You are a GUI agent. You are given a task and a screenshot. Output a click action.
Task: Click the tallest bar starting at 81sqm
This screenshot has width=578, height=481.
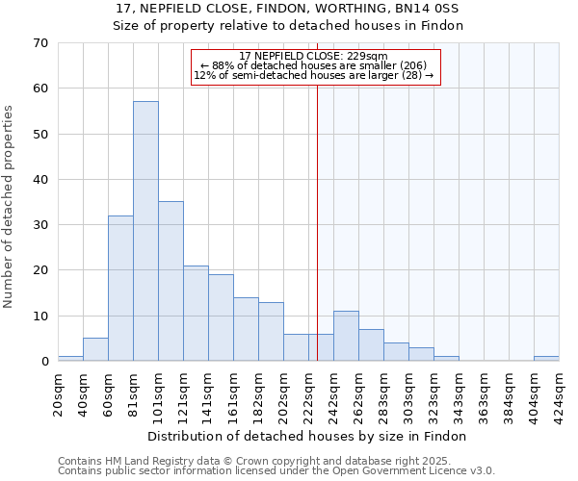145,231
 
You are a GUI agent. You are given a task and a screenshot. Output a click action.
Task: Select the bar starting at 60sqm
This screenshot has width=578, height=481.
120,289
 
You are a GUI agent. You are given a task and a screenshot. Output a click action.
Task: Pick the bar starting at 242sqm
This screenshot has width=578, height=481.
346,336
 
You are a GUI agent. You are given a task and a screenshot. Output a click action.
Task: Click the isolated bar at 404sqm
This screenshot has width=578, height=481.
546,359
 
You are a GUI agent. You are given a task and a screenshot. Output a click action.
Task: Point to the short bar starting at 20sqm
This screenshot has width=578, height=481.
70,359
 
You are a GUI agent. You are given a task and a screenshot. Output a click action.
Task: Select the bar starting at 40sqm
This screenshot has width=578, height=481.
95,350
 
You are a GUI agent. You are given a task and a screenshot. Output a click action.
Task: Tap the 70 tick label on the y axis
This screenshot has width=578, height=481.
39,43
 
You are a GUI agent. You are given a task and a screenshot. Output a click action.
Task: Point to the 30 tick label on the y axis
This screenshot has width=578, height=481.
39,225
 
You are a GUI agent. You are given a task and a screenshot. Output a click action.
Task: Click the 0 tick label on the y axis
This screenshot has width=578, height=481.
43,362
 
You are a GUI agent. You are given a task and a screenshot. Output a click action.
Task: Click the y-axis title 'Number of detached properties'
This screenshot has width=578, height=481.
10,208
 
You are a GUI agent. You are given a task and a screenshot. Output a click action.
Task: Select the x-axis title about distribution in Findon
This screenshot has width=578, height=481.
308,436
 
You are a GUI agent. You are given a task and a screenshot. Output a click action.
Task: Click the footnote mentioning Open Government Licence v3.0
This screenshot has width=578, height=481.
276,470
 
